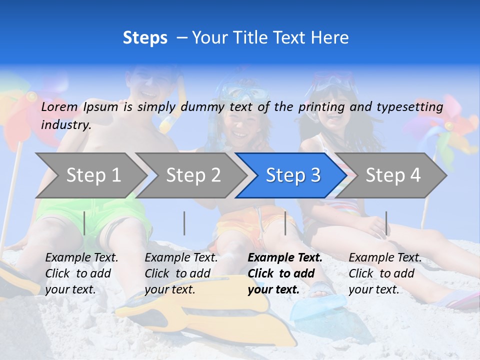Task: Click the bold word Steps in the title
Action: click(x=145, y=38)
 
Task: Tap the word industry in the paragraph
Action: click(x=65, y=124)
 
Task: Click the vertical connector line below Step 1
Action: click(x=84, y=223)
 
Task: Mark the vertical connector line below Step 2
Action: click(x=184, y=223)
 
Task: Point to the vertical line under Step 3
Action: click(x=285, y=223)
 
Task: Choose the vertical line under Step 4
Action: click(x=386, y=223)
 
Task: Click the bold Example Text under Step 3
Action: click(x=285, y=258)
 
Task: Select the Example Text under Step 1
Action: click(x=81, y=258)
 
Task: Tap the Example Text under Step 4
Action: click(x=385, y=258)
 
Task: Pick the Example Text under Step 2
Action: click(x=181, y=258)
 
